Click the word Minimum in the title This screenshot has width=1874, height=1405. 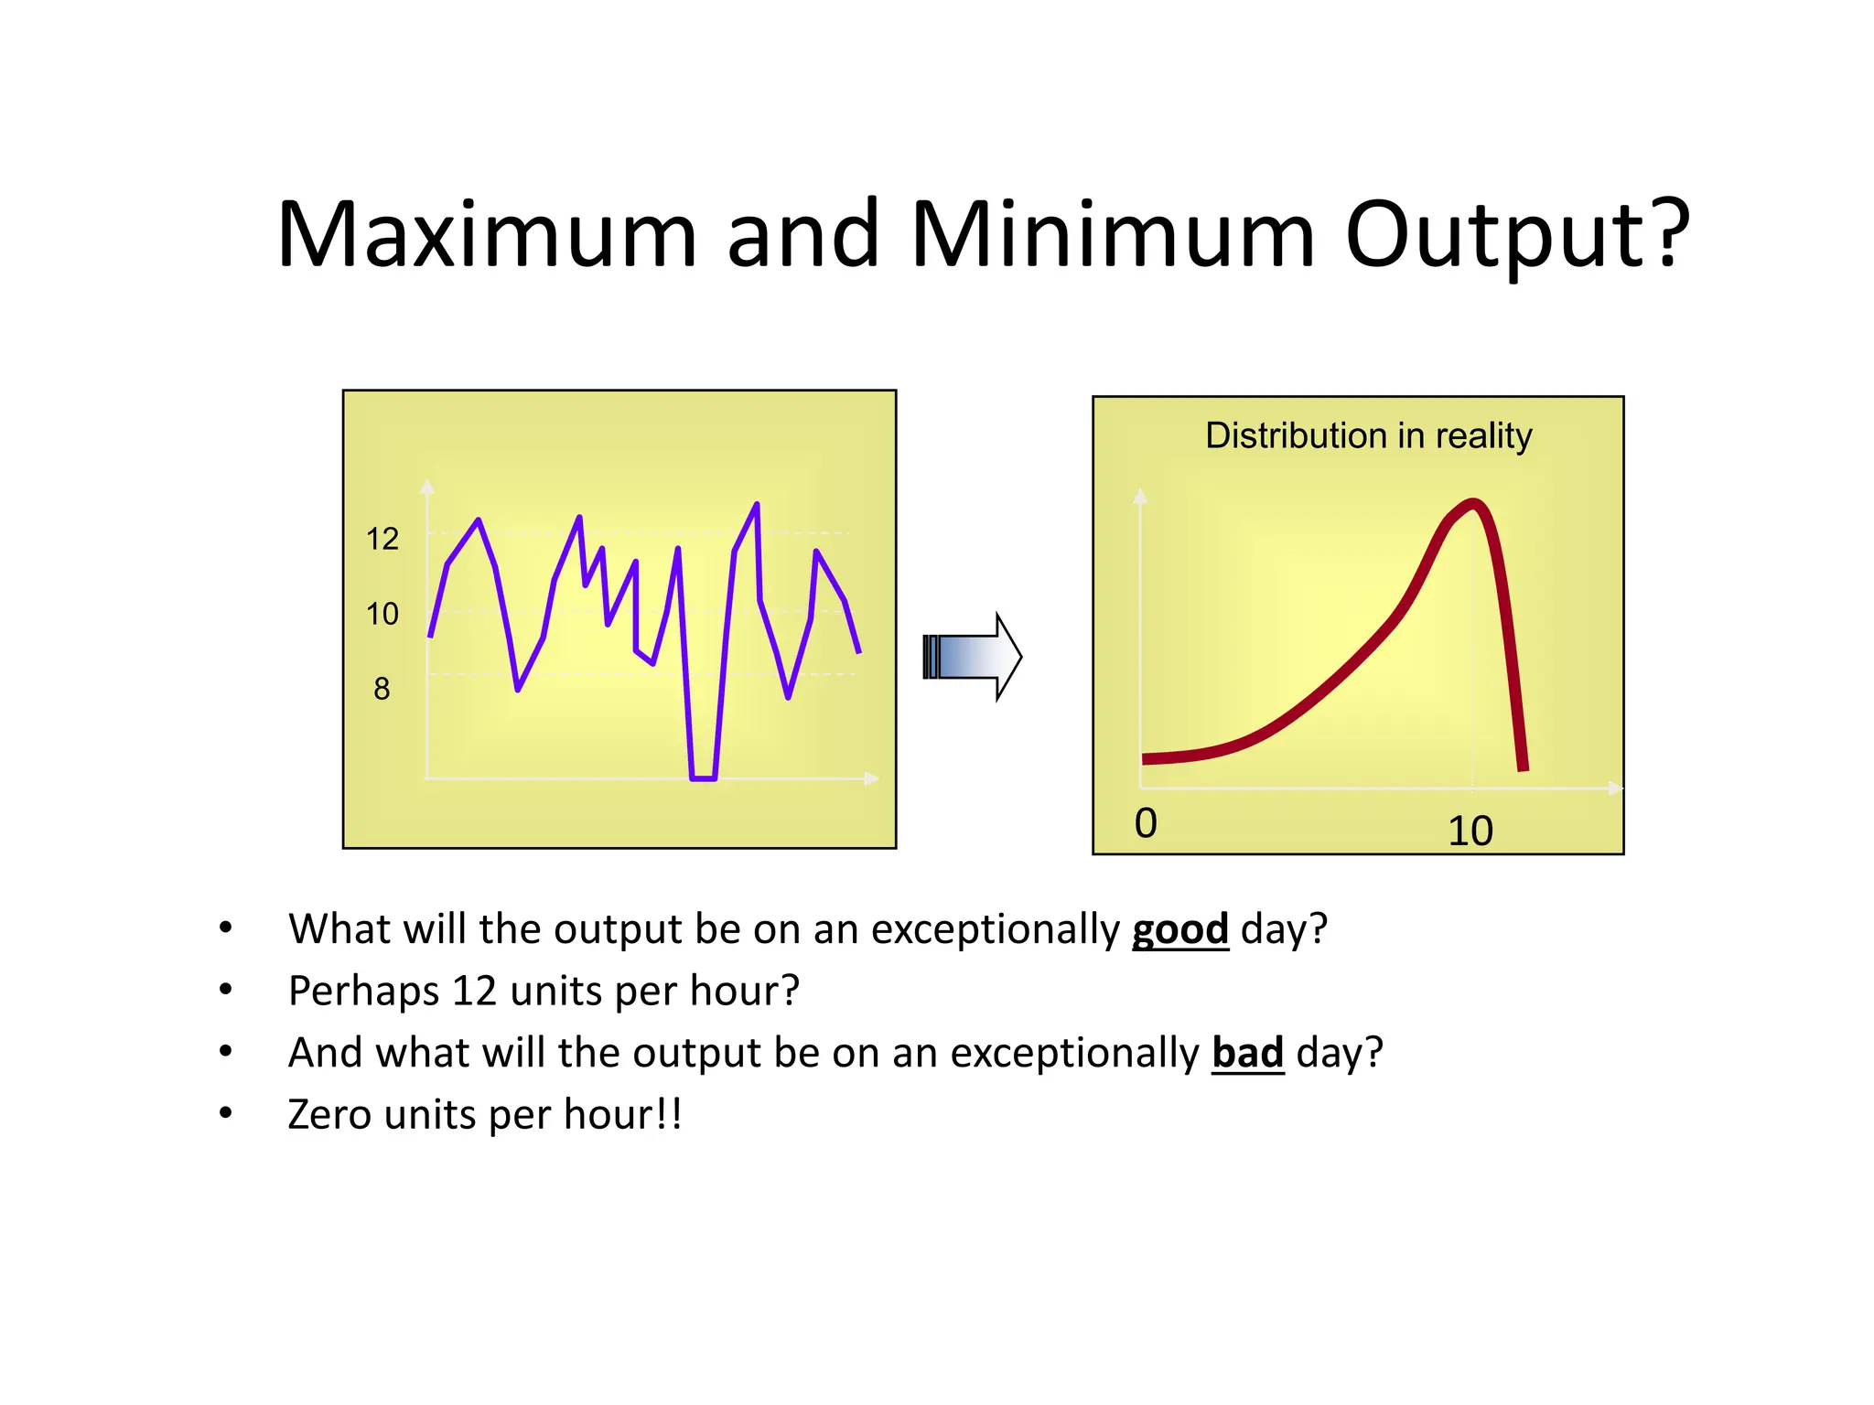1112,235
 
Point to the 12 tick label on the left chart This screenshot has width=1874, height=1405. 382,539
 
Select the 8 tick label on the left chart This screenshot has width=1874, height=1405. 382,689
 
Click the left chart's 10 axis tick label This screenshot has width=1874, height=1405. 382,614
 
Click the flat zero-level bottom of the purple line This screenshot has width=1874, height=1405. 703,778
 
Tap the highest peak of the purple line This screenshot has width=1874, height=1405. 757,505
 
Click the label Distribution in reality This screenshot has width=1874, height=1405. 1368,435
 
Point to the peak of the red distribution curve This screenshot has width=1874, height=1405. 1472,503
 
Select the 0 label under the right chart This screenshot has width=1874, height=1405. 1146,823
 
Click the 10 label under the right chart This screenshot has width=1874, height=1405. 1470,831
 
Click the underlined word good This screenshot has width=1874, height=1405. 1179,929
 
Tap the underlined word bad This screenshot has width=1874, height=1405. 1247,1053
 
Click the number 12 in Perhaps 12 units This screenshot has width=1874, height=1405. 474,992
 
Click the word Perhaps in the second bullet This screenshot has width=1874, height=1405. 363,992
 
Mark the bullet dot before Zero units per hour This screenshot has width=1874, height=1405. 226,1114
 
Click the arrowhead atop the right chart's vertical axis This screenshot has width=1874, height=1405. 1139,496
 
